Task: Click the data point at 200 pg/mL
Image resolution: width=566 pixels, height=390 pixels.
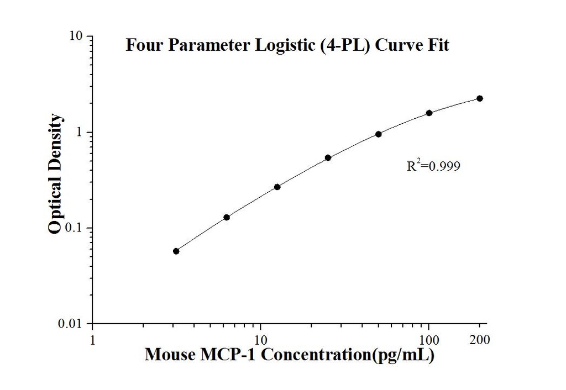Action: [x=480, y=98]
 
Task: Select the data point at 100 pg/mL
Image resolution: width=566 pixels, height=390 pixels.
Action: [x=429, y=113]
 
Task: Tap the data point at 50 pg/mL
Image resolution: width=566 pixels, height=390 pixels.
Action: [x=379, y=134]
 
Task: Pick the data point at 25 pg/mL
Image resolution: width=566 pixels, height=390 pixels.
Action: [x=328, y=157]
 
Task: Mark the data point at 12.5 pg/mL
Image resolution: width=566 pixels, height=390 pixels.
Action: [x=277, y=187]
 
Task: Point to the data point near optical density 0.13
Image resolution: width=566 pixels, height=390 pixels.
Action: [x=227, y=217]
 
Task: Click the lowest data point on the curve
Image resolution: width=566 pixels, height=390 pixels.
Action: [x=176, y=251]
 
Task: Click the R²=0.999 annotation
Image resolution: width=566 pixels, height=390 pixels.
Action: [x=433, y=165]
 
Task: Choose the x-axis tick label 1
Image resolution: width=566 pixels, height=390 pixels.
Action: [x=92, y=338]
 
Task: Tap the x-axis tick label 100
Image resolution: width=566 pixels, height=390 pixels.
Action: [x=429, y=338]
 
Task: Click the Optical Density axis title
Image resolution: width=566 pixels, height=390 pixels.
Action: [x=55, y=174]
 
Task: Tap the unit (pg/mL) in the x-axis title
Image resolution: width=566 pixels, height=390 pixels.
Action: [x=401, y=355]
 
